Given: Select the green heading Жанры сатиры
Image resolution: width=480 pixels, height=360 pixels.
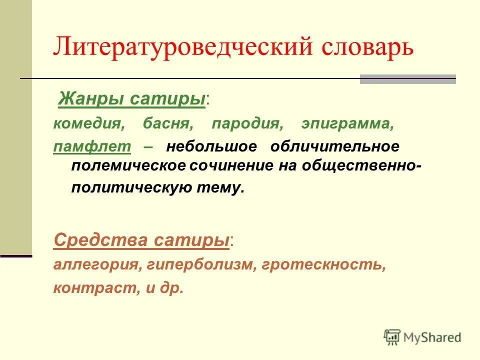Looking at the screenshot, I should [132, 99].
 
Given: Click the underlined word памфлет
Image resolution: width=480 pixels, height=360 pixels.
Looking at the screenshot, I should [92, 147].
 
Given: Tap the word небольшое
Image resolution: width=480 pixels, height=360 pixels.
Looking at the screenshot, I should [211, 147].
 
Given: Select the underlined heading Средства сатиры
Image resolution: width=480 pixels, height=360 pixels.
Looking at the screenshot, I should [141, 240].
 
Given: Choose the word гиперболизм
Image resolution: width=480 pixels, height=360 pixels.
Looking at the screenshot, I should [201, 265].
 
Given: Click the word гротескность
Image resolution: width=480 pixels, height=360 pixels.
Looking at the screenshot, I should [322, 265].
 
